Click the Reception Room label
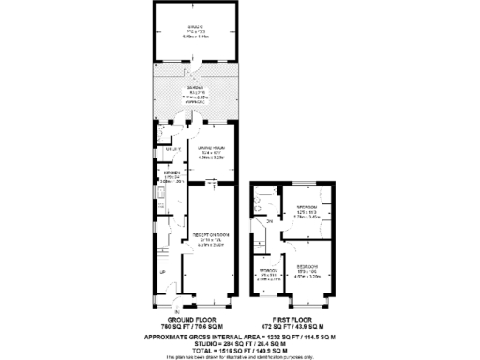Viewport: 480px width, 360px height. [x=206, y=239]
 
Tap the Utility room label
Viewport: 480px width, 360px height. [x=172, y=149]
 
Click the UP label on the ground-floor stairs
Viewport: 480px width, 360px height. [x=163, y=273]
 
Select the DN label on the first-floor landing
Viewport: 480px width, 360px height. [x=268, y=221]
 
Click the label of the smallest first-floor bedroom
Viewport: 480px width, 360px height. [x=270, y=272]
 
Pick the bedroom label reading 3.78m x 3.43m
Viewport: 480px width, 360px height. [x=306, y=211]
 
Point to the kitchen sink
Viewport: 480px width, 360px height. [x=160, y=199]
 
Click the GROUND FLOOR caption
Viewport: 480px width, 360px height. [x=192, y=320]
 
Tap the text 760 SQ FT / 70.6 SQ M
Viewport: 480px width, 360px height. [x=192, y=327]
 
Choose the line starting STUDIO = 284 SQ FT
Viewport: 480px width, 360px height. [x=239, y=342]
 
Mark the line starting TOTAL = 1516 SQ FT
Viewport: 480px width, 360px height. [x=239, y=350]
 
